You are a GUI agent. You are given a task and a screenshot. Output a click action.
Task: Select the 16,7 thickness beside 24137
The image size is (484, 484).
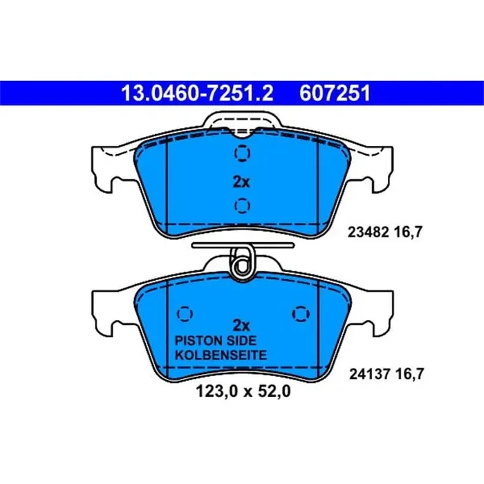pos(407,374)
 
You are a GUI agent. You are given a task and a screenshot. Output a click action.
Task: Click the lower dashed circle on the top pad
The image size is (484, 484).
pos(241,205)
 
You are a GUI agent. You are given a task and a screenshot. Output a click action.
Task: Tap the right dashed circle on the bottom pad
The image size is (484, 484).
pos(300,313)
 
